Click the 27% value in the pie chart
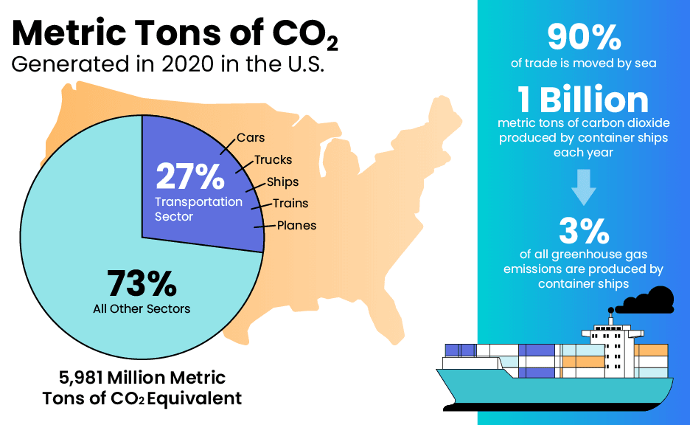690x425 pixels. (189, 177)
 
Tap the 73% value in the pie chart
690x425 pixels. (142, 283)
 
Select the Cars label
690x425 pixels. (251, 138)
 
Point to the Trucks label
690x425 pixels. (273, 159)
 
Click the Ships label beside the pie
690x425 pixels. (282, 182)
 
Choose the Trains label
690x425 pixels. (290, 203)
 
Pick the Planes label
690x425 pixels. (296, 225)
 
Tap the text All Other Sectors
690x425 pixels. (142, 308)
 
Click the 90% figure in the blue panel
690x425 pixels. (583, 37)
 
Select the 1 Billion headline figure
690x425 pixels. (583, 100)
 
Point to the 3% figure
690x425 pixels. (583, 231)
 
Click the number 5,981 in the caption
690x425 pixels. (80, 378)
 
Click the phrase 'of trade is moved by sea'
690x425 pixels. (583, 63)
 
